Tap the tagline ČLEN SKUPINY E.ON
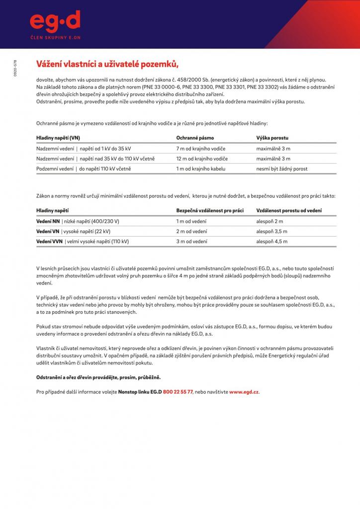(x=55, y=37)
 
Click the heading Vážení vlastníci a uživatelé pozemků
(x=107, y=65)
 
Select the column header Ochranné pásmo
(x=195, y=137)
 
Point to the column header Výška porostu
(x=272, y=137)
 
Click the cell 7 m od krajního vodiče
(x=200, y=149)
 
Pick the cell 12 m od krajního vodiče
(x=202, y=159)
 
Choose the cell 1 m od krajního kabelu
(x=200, y=169)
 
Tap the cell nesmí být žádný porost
(x=281, y=169)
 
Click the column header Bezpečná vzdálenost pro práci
(x=210, y=210)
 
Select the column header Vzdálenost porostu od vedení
(x=288, y=210)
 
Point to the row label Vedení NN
(x=48, y=221)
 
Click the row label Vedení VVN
(x=49, y=241)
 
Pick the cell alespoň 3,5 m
(x=271, y=231)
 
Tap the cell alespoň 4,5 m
(x=271, y=241)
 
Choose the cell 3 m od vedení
(x=191, y=241)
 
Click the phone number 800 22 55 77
(x=178, y=392)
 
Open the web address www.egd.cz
(x=244, y=392)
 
